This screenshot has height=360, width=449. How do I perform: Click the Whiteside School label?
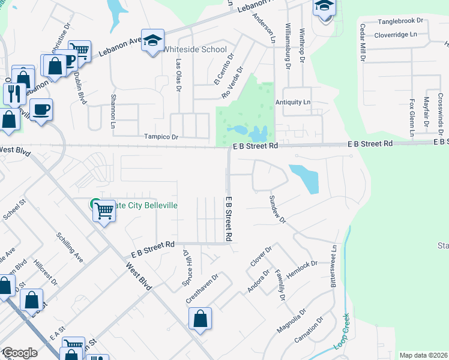coord(195,50)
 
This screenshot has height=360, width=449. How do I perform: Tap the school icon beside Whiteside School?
coord(153,40)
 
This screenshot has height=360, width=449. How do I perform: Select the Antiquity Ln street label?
coord(293,103)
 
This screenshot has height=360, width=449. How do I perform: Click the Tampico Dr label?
coord(161,137)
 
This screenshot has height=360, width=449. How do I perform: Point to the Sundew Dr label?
coord(277,210)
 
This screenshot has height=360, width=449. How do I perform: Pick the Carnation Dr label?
coord(309,330)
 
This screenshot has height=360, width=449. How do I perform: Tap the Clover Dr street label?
coord(261,256)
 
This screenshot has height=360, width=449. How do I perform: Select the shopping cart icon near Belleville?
coord(104,211)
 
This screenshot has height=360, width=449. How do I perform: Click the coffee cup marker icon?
coord(41,110)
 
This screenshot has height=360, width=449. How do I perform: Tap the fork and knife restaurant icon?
coord(13,93)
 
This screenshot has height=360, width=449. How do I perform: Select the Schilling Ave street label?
coord(70,247)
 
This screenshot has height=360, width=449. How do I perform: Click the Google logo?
coord(19,353)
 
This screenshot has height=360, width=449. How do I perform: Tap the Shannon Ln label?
coord(112,111)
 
